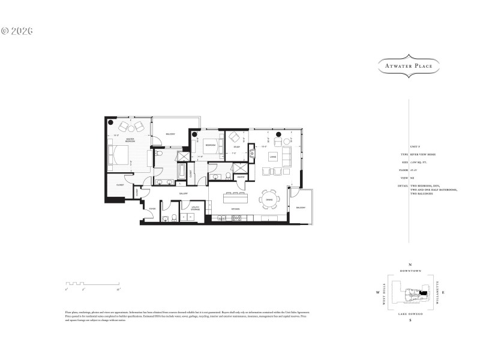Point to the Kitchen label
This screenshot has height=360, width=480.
pyautogui.click(x=235, y=209)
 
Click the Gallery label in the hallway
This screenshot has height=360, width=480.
pyautogui.click(x=184, y=194)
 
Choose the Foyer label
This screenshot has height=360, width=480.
pyautogui.click(x=152, y=209)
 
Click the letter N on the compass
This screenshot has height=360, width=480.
pyautogui.click(x=410, y=265)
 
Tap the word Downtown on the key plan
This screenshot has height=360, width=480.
pyautogui.click(x=410, y=271)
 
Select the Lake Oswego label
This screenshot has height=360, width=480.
pyautogui.click(x=410, y=313)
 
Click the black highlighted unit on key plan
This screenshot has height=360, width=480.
pyautogui.click(x=425, y=292)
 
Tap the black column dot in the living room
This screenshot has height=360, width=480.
pyautogui.click(x=278, y=134)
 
